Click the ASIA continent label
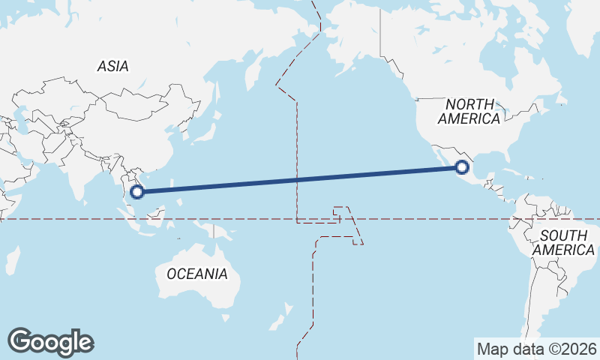coord(112,66)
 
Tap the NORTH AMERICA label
coord(469,111)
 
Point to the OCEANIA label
coord(196,274)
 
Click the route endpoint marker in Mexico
coord(462,168)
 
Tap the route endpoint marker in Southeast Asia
coord(136,191)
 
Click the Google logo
coord(50,342)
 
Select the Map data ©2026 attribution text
coord(536,349)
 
